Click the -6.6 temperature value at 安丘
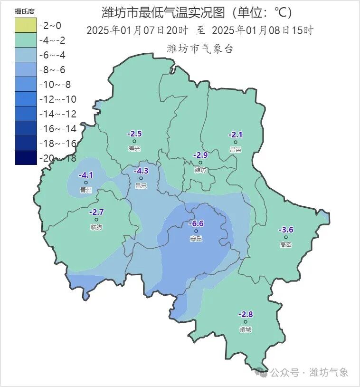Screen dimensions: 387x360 tap(196, 223)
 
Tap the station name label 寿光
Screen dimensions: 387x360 tap(134, 149)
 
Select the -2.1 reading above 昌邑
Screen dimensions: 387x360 tap(235, 135)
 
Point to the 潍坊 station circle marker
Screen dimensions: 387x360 tap(200, 163)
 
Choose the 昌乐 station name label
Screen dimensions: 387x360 tap(141, 186)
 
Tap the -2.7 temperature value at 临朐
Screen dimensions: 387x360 tap(96, 212)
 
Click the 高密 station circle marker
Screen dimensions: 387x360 tap(286, 237)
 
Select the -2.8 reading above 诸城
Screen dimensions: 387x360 tap(246, 314)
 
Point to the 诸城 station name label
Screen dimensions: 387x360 tap(246, 329)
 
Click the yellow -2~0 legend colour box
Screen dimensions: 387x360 tap(26, 26)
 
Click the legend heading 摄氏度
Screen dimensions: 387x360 tap(25, 11)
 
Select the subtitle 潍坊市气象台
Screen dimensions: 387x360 tap(200, 48)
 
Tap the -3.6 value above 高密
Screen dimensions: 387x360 tap(286, 230)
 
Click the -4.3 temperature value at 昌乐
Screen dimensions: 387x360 tap(141, 171)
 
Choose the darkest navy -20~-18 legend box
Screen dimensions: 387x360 tap(26, 158)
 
